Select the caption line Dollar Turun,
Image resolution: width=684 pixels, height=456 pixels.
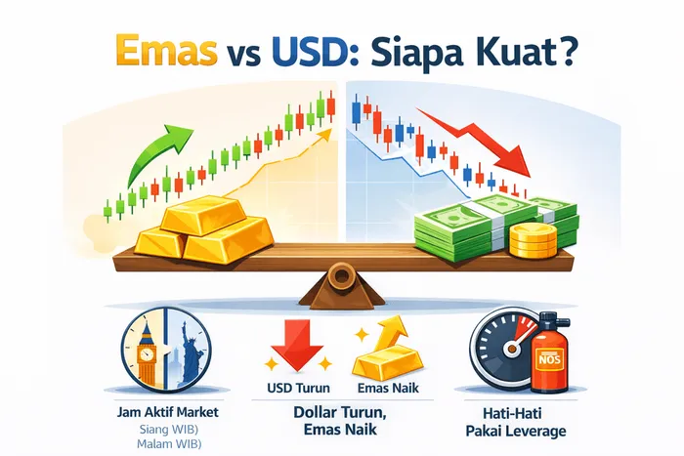(x=337, y=411)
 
